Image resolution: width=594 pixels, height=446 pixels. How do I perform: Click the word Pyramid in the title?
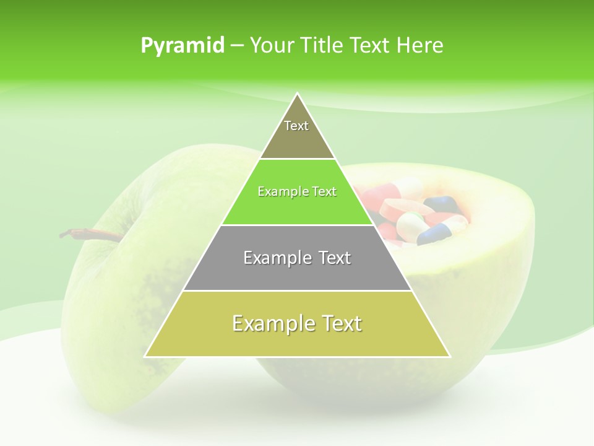point(183,45)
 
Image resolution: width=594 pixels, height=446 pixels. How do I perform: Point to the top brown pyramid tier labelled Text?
point(297,133)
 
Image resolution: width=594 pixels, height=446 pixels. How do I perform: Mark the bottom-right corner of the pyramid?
point(449,356)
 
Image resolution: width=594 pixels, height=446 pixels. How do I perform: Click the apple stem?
point(87,234)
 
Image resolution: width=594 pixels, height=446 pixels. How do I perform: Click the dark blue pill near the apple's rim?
point(441,204)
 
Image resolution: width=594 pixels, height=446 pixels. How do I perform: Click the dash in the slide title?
point(237,46)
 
